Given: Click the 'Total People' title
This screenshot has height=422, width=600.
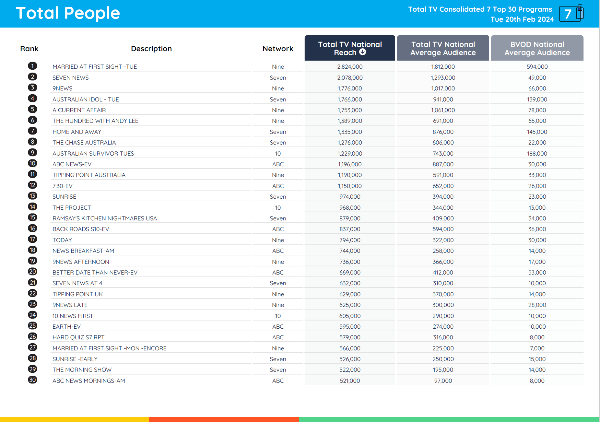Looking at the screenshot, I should tap(68, 13).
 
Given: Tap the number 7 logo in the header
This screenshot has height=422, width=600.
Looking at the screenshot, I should tap(571, 14).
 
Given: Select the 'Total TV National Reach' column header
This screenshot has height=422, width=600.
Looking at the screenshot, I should tap(350, 48).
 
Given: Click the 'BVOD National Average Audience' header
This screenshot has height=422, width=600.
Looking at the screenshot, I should tap(537, 48).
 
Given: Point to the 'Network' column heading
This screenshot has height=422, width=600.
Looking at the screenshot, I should tap(278, 49).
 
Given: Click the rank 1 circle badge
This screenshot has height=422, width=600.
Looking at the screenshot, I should tap(32, 66).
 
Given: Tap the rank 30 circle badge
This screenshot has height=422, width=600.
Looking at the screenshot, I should tap(32, 380).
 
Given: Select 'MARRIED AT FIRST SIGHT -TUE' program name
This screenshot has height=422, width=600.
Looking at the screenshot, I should tap(95, 67).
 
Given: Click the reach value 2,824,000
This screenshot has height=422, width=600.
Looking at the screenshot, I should tap(350, 67).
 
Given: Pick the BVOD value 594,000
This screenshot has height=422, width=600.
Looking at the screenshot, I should tap(537, 67).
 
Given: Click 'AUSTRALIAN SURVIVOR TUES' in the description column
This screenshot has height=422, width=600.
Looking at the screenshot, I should tap(93, 154).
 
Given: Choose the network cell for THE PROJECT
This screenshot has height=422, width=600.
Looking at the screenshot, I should tap(278, 208).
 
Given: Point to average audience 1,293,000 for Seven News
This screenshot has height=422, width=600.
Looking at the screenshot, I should tap(443, 78).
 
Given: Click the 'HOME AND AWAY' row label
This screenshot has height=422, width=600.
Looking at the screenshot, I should tap(77, 132).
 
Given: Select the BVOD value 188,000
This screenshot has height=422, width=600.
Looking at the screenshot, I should tap(537, 154).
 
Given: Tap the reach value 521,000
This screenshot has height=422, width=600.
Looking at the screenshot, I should tap(350, 381).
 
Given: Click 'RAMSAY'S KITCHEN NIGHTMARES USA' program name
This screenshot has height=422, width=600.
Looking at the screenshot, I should tap(104, 218).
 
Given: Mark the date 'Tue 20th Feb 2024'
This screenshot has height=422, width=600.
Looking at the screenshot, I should tap(522, 19).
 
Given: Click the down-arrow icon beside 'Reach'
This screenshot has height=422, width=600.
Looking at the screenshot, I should tap(363, 52).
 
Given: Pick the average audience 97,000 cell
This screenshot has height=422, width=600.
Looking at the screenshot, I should tap(443, 381).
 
